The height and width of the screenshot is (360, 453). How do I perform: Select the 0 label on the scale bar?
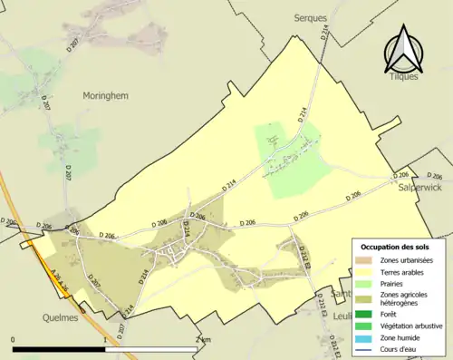14,339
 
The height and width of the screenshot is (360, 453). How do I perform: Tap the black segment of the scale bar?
61,349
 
